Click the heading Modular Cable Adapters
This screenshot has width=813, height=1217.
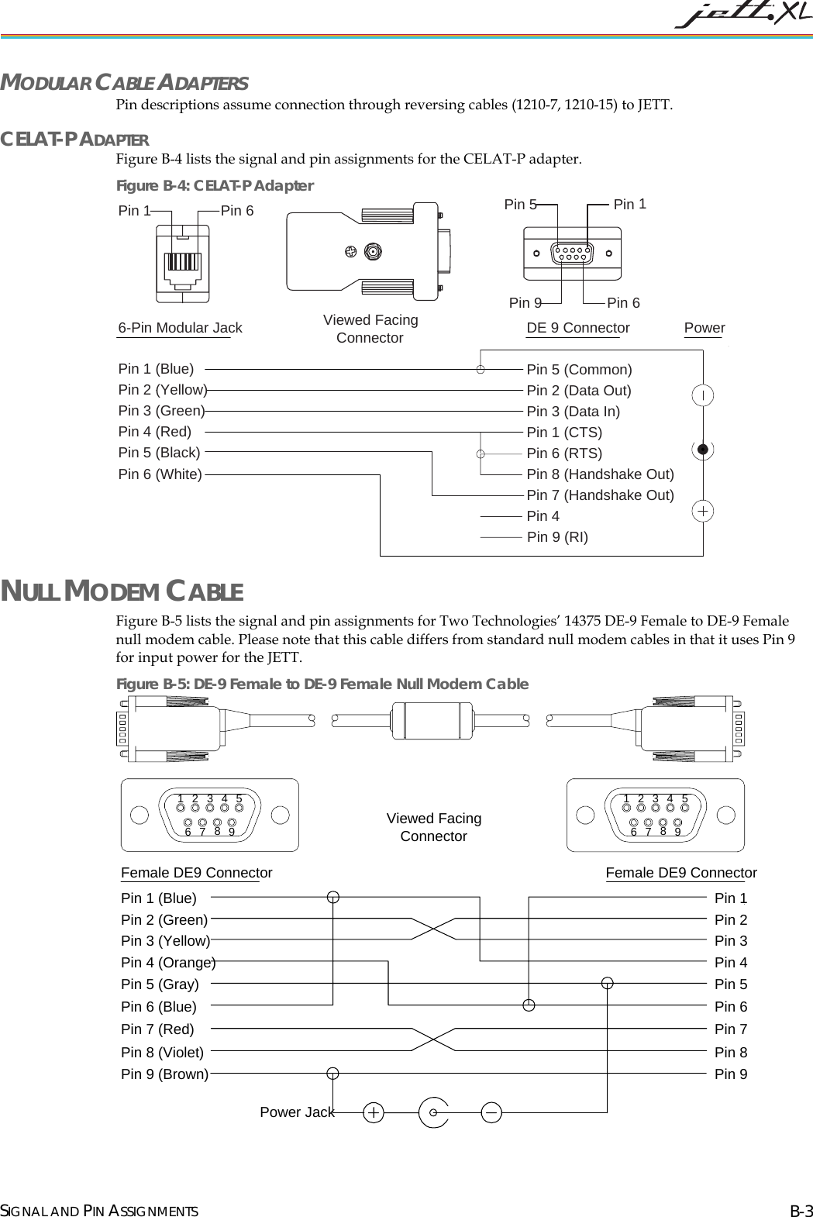[124, 82]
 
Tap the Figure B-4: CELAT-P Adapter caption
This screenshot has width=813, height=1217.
[215, 185]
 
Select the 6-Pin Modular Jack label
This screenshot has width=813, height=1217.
[180, 328]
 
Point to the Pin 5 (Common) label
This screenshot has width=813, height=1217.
[579, 370]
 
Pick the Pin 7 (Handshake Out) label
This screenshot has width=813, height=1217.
[600, 495]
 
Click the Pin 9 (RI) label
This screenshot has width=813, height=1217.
[557, 537]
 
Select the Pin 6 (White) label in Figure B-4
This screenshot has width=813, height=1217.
[160, 474]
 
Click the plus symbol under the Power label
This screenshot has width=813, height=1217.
[702, 512]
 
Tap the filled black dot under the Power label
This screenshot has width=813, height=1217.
[702, 449]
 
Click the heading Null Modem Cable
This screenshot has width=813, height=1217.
[122, 591]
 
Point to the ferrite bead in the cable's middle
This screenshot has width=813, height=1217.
[432, 721]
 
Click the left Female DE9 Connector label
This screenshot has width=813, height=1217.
[196, 873]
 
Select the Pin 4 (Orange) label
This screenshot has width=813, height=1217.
[168, 963]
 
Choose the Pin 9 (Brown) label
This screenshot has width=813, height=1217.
[164, 1074]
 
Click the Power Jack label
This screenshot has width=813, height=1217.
[297, 1112]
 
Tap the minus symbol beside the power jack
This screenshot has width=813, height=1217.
[491, 1112]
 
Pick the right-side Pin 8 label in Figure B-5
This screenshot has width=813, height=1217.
[730, 1053]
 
